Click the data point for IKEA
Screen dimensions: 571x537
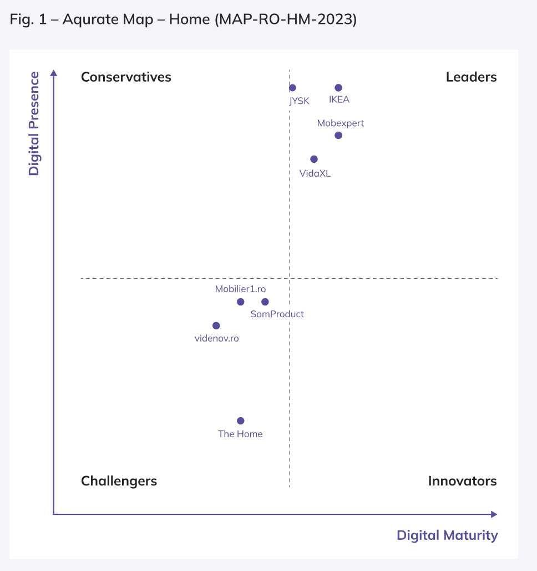(338, 88)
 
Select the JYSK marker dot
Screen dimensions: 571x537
(292, 88)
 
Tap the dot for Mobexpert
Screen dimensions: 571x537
(338, 136)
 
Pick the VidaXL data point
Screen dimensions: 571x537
(314, 159)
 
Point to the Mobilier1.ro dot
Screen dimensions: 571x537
(240, 302)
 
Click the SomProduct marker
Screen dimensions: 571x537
(265, 302)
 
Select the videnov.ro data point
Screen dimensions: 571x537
(216, 325)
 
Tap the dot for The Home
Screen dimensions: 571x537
(240, 421)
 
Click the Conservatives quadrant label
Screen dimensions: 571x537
(126, 77)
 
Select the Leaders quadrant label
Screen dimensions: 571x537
(471, 77)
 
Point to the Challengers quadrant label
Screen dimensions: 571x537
(119, 481)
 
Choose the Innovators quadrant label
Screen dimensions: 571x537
(462, 481)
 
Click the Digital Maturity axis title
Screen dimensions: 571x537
(447, 535)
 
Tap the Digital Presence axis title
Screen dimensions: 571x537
(34, 123)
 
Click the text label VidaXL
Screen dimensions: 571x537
(315, 173)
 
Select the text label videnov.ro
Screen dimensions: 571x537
(216, 338)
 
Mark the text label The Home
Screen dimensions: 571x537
(240, 434)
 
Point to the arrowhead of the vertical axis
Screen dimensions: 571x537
(54, 73)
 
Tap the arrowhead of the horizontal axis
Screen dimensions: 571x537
(494, 514)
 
